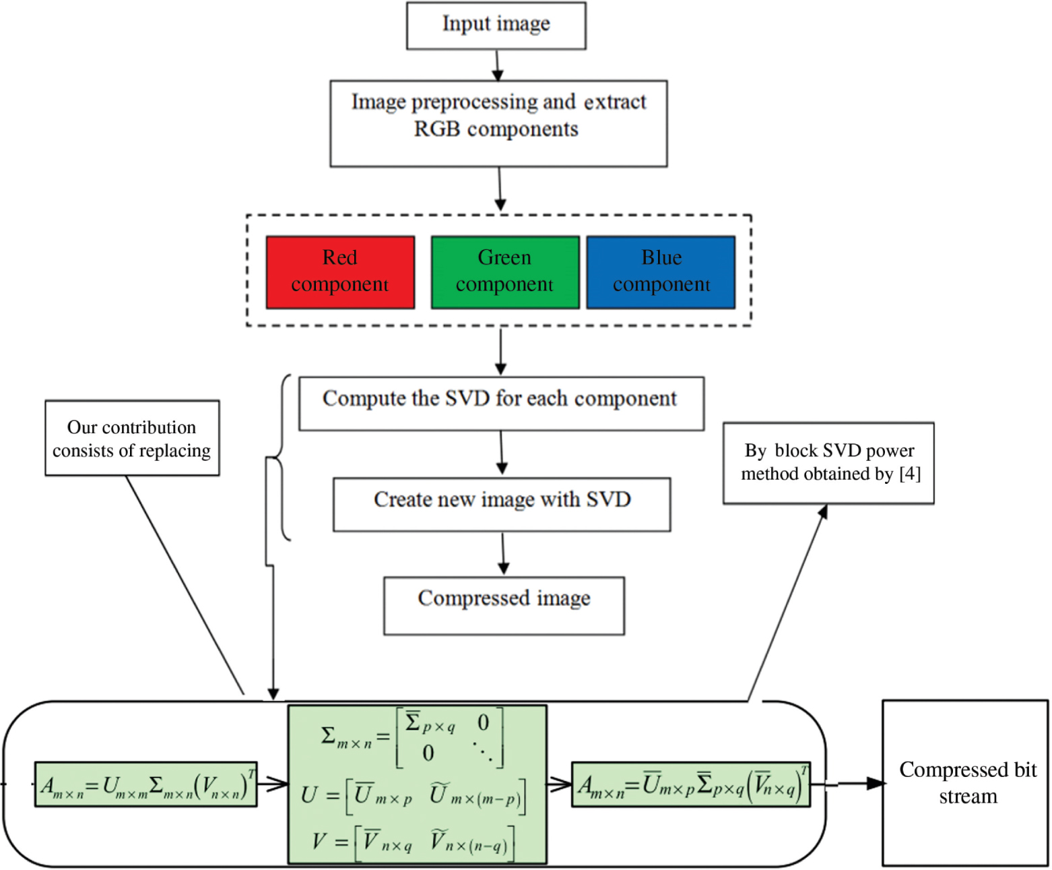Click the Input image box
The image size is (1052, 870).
pyautogui.click(x=496, y=26)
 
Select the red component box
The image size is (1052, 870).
pyautogui.click(x=340, y=272)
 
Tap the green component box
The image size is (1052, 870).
pyautogui.click(x=504, y=272)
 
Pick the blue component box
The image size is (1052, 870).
pyautogui.click(x=661, y=272)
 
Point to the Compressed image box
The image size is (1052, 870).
pyautogui.click(x=504, y=605)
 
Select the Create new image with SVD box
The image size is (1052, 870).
pyautogui.click(x=502, y=504)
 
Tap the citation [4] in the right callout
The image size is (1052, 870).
pyautogui.click(x=910, y=474)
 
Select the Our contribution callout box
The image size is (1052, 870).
pyautogui.click(x=132, y=438)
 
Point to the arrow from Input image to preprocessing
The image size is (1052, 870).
pyautogui.click(x=497, y=65)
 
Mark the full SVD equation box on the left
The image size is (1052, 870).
pyautogui.click(x=146, y=784)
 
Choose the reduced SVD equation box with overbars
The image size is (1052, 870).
pyautogui.click(x=690, y=784)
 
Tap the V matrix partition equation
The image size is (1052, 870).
pyautogui.click(x=412, y=842)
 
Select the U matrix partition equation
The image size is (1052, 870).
pyautogui.click(x=412, y=795)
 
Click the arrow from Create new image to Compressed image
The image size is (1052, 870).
pyautogui.click(x=503, y=554)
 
